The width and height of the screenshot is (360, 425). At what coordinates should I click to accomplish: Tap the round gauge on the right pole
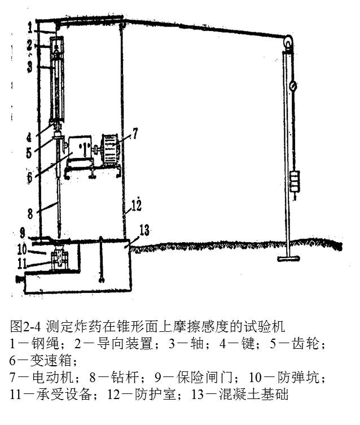point(294,86)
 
